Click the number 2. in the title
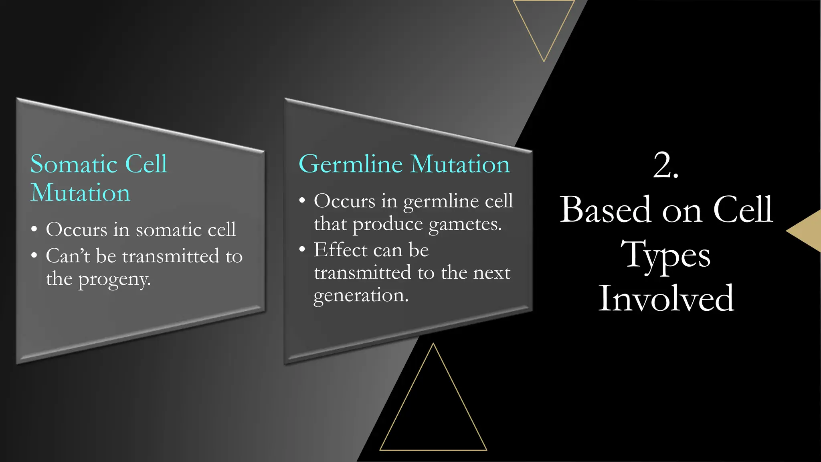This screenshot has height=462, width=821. tap(665, 165)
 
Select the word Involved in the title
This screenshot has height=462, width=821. tap(666, 298)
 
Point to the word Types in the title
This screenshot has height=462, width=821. tap(665, 255)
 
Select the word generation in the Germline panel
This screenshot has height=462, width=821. tap(361, 296)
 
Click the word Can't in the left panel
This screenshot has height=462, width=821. tap(68, 256)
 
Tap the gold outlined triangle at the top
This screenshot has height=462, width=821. tap(544, 24)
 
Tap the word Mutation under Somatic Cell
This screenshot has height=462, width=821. tap(80, 193)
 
